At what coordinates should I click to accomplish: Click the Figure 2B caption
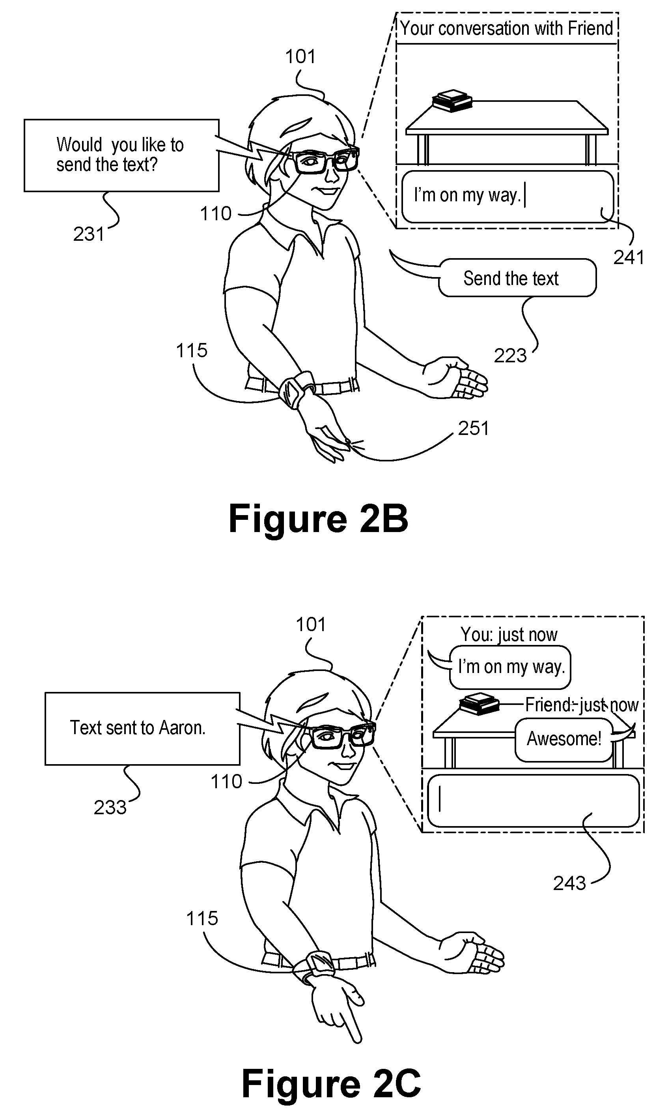click(x=318, y=519)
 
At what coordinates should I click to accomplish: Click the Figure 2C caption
click(x=331, y=1084)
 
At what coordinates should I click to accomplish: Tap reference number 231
click(x=89, y=234)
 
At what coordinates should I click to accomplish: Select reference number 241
click(x=629, y=258)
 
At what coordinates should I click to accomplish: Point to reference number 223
click(x=510, y=356)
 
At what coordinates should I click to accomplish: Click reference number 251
click(x=474, y=428)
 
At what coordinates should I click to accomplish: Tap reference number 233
click(x=110, y=808)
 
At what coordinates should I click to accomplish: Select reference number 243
click(x=569, y=883)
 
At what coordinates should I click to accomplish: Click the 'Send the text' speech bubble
click(x=517, y=278)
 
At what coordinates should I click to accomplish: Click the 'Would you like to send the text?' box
click(x=121, y=156)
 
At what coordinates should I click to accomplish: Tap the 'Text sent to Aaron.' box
click(x=142, y=728)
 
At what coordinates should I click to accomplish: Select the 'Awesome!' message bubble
click(x=564, y=740)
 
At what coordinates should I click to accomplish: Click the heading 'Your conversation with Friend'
click(x=506, y=28)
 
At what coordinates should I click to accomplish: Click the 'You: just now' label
click(x=509, y=635)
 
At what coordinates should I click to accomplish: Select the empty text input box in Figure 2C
click(x=534, y=800)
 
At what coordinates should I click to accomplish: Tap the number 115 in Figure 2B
click(x=192, y=350)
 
